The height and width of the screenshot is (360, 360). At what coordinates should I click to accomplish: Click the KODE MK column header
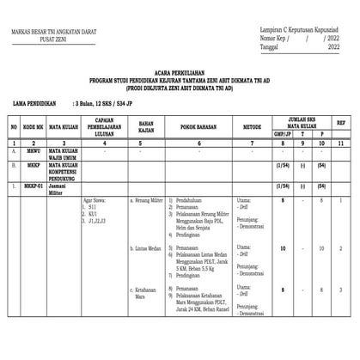click(33, 127)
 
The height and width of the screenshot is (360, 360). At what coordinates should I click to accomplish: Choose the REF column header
click(341, 124)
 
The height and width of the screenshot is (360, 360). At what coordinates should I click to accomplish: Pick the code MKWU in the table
click(31, 150)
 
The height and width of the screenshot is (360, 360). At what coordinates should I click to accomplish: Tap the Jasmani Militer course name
click(61, 189)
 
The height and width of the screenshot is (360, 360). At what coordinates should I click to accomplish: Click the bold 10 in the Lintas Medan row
click(282, 247)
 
